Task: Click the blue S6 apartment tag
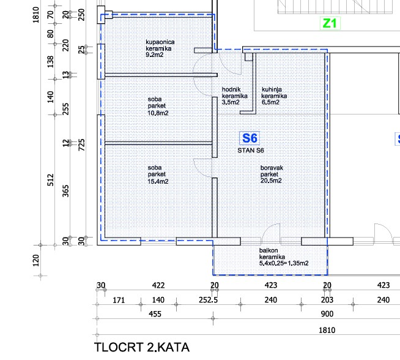click(x=250, y=138)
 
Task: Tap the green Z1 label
click(x=330, y=23)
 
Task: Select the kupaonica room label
click(x=160, y=42)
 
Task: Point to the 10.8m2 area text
click(x=158, y=113)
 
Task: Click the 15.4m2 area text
click(x=158, y=181)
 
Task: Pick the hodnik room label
click(x=231, y=89)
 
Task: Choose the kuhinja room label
click(x=272, y=89)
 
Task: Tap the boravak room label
click(x=272, y=168)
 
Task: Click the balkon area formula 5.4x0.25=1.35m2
click(x=284, y=263)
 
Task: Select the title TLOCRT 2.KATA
click(x=142, y=347)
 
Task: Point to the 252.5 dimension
click(x=208, y=300)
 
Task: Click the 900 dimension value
click(x=327, y=314)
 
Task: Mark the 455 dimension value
click(x=155, y=314)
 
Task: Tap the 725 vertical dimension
click(x=81, y=144)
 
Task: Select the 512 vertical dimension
click(x=51, y=180)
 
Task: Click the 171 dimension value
click(x=119, y=300)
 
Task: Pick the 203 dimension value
click(x=327, y=300)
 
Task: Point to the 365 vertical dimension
click(x=66, y=191)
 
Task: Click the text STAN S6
click(x=251, y=151)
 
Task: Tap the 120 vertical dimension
click(x=36, y=260)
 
